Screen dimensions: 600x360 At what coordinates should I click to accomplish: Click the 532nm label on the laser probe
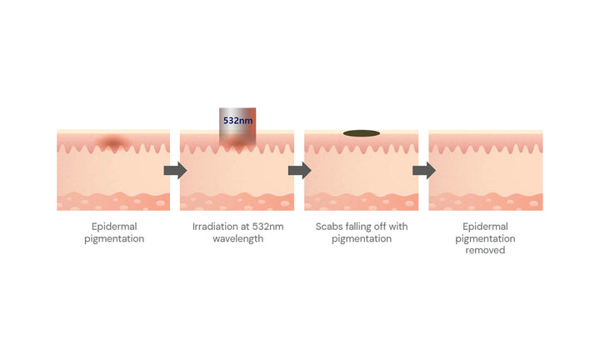[x=237, y=121]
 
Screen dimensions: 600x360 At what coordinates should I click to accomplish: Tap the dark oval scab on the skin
[x=361, y=133]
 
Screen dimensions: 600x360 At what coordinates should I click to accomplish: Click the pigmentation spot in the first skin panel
[x=112, y=142]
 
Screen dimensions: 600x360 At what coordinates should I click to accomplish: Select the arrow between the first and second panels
[x=175, y=170]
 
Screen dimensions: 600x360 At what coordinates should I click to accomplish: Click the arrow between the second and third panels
[x=300, y=170]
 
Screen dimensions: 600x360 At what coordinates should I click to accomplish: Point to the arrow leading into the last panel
[x=424, y=170]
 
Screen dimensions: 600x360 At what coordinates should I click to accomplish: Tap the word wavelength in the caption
[x=238, y=238]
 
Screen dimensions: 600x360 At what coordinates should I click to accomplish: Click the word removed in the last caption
[x=485, y=250]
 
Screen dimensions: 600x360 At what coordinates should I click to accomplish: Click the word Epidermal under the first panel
[x=114, y=227]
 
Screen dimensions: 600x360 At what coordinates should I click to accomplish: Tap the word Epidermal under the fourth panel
[x=485, y=227]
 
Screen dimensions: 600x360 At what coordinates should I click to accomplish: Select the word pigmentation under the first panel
[x=114, y=239]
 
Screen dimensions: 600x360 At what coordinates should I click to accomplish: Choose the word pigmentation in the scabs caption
[x=362, y=239]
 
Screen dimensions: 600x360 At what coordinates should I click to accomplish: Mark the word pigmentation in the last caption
[x=485, y=239]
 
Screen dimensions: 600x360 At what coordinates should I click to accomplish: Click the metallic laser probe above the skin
[x=237, y=127]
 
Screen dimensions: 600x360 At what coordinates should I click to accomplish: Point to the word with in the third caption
[x=398, y=227]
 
